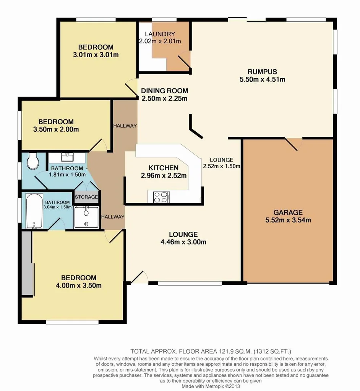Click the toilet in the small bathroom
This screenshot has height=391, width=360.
point(33,162)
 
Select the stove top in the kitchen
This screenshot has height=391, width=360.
point(161,197)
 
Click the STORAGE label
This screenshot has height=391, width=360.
point(87,197)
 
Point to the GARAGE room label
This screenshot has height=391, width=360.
point(288,213)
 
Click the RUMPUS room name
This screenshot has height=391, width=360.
point(262,72)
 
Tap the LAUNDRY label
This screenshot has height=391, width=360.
point(165,34)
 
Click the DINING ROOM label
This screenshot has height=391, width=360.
point(164,91)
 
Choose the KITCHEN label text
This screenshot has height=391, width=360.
point(163,168)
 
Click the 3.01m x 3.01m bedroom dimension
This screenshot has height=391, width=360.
point(96,55)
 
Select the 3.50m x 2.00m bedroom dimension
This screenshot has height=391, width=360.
point(56,129)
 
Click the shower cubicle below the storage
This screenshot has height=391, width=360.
point(86,217)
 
